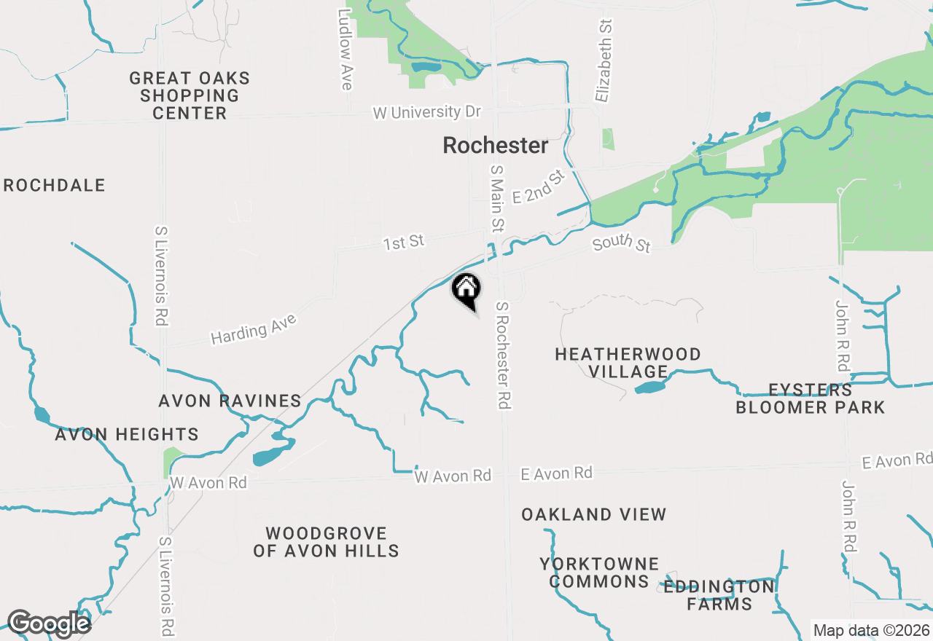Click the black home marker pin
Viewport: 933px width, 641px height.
click(466, 290)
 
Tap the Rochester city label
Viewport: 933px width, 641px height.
click(496, 146)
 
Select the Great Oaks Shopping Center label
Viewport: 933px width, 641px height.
click(190, 95)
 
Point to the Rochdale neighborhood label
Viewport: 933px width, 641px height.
click(55, 186)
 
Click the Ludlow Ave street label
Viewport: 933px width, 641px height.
click(346, 50)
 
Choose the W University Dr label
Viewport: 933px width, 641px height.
click(427, 113)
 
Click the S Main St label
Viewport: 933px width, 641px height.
click(497, 198)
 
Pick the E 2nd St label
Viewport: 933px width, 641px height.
click(539, 187)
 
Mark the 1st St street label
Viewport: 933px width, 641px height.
click(404, 242)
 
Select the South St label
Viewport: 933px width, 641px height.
click(621, 244)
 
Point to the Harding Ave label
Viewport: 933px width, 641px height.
click(254, 330)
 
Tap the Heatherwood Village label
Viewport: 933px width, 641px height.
click(628, 363)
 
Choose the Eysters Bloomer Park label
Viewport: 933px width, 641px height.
click(811, 398)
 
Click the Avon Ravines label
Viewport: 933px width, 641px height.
click(230, 401)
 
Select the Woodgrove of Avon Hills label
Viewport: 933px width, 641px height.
click(326, 542)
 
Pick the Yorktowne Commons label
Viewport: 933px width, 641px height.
click(599, 573)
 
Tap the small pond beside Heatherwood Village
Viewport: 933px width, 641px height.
click(650, 388)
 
